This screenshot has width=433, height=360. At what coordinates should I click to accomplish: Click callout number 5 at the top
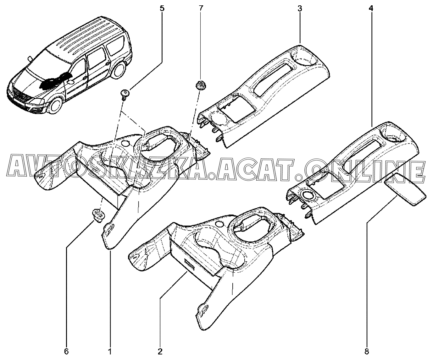coord(162,8)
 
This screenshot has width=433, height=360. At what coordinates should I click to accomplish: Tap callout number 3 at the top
coord(300,8)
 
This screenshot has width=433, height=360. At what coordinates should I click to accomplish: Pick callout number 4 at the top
coord(371,8)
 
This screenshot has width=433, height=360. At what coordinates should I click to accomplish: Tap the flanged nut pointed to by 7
coord(199,85)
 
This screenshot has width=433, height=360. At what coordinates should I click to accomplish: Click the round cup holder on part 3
coord(303,57)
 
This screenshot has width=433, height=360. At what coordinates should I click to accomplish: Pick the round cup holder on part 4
coord(393,136)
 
